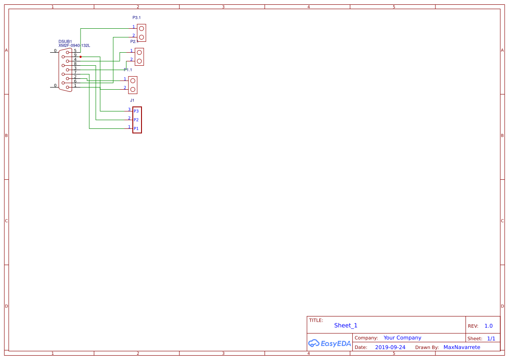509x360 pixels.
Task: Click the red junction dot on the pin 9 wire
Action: (81, 57)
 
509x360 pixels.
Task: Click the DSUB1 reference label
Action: (65, 41)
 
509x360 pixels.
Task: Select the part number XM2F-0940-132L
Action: (74, 45)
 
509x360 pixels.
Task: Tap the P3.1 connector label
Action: (137, 17)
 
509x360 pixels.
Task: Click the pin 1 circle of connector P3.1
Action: (142, 29)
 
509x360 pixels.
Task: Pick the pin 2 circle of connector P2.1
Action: (139, 61)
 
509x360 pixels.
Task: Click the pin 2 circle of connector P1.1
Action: (133, 89)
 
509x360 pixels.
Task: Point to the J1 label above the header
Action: (132, 100)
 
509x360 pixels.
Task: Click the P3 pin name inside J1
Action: (136, 111)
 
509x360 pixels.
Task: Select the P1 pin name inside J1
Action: (136, 128)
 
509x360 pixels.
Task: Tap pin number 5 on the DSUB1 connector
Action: (75, 50)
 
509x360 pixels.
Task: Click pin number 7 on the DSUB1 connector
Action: (75, 72)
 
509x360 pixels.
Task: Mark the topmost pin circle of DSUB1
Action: (67, 52)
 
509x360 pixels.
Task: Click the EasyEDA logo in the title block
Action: (330, 343)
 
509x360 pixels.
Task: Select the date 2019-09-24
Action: (390, 347)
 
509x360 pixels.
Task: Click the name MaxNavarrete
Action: (462, 347)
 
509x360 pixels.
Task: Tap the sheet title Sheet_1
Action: (346, 325)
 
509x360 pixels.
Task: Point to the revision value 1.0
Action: (489, 326)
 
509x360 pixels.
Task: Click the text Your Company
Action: (402, 338)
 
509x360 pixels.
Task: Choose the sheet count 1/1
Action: (491, 339)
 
